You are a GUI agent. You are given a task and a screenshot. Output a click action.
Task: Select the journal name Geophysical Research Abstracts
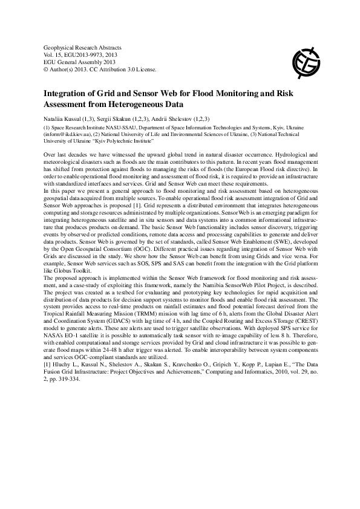click(83, 47)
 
